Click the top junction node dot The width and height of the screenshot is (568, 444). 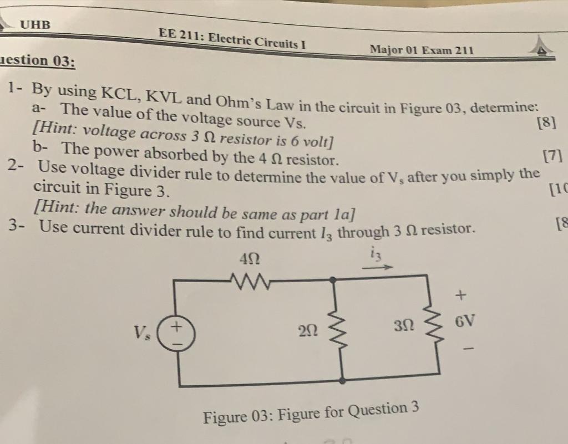[333, 280]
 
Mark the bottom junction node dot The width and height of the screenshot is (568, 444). [343, 380]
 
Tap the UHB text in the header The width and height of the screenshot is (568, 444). [35, 24]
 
